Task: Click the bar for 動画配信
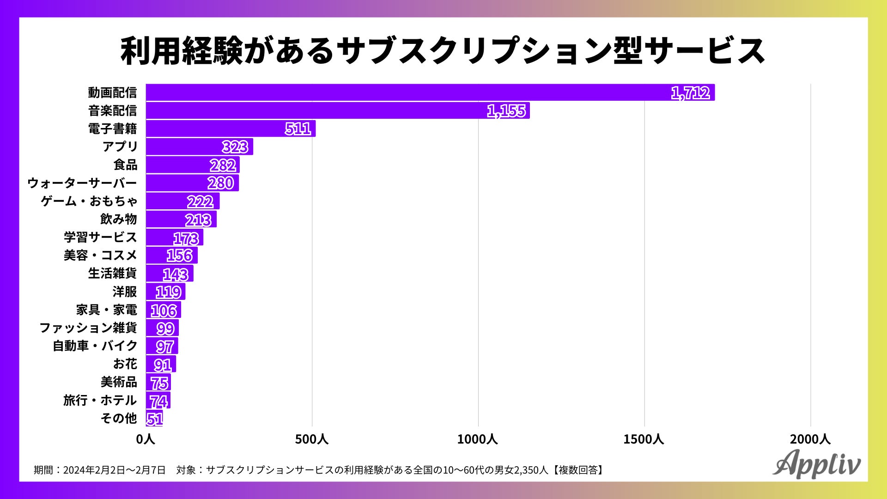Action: pos(430,92)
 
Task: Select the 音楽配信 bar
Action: pos(337,111)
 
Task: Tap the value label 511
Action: pos(298,128)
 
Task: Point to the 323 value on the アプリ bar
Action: pos(235,147)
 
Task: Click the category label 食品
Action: pos(125,164)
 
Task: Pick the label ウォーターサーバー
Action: pos(82,183)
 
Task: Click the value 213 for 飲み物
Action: pos(199,219)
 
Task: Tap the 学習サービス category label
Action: pos(100,237)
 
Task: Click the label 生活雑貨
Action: pos(112,274)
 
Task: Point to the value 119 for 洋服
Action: pos(168,292)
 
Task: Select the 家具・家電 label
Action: pos(106,310)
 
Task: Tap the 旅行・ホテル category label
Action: pos(100,400)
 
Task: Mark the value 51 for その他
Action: pos(154,419)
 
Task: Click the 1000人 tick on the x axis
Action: pos(478,439)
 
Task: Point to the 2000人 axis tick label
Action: pos(810,439)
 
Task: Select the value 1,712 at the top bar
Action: pos(690,93)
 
